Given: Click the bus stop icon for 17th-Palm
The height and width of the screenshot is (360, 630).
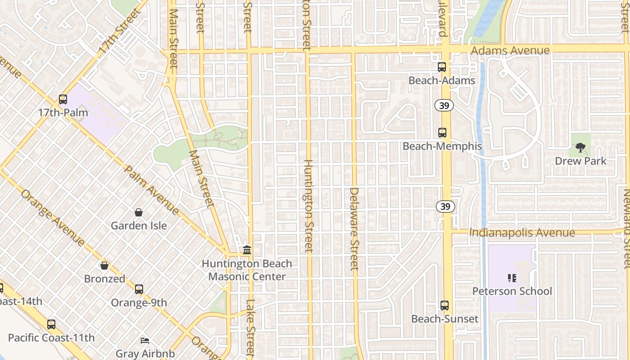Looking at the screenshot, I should (63, 99).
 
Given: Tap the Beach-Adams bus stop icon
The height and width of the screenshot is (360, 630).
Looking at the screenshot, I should (442, 67).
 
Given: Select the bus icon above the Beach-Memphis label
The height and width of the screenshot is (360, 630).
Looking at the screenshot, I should (442, 133).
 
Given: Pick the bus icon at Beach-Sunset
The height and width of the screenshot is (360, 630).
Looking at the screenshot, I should (445, 305).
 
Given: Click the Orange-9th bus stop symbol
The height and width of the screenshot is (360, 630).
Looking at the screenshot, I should (139, 289).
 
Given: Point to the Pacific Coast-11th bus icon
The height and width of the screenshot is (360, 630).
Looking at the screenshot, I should (51, 324).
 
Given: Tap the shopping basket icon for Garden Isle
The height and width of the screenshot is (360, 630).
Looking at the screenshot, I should (139, 212).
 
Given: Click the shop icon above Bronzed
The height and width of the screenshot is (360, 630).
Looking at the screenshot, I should (104, 265).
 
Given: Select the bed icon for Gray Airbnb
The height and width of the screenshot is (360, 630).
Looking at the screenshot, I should (145, 340).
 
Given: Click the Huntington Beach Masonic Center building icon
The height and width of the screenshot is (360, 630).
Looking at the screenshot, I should (247, 250).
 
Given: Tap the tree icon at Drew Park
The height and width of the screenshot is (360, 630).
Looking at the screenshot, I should (580, 147).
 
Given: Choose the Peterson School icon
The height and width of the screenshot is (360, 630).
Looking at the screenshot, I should (512, 278).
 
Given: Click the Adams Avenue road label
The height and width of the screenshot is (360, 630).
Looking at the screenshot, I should (510, 50).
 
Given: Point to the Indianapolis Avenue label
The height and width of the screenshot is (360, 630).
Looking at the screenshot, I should (522, 233).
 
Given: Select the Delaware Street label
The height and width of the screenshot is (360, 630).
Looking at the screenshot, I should (354, 229).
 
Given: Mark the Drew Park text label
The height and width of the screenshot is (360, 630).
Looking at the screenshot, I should (580, 161).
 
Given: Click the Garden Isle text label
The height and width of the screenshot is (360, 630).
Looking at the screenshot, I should (139, 225).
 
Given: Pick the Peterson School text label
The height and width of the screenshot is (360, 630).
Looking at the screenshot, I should (512, 291).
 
